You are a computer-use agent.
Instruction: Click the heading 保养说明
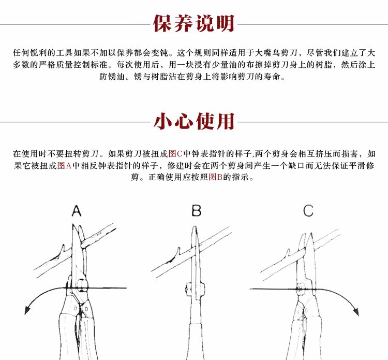click(x=194, y=24)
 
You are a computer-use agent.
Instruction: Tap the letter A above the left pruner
click(x=77, y=211)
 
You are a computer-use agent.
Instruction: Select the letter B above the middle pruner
click(x=196, y=211)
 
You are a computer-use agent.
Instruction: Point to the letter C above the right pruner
click(x=308, y=211)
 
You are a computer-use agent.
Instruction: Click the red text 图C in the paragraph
click(x=176, y=154)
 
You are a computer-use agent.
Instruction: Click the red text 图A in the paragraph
click(x=64, y=166)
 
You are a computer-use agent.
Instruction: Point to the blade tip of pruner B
click(x=195, y=228)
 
